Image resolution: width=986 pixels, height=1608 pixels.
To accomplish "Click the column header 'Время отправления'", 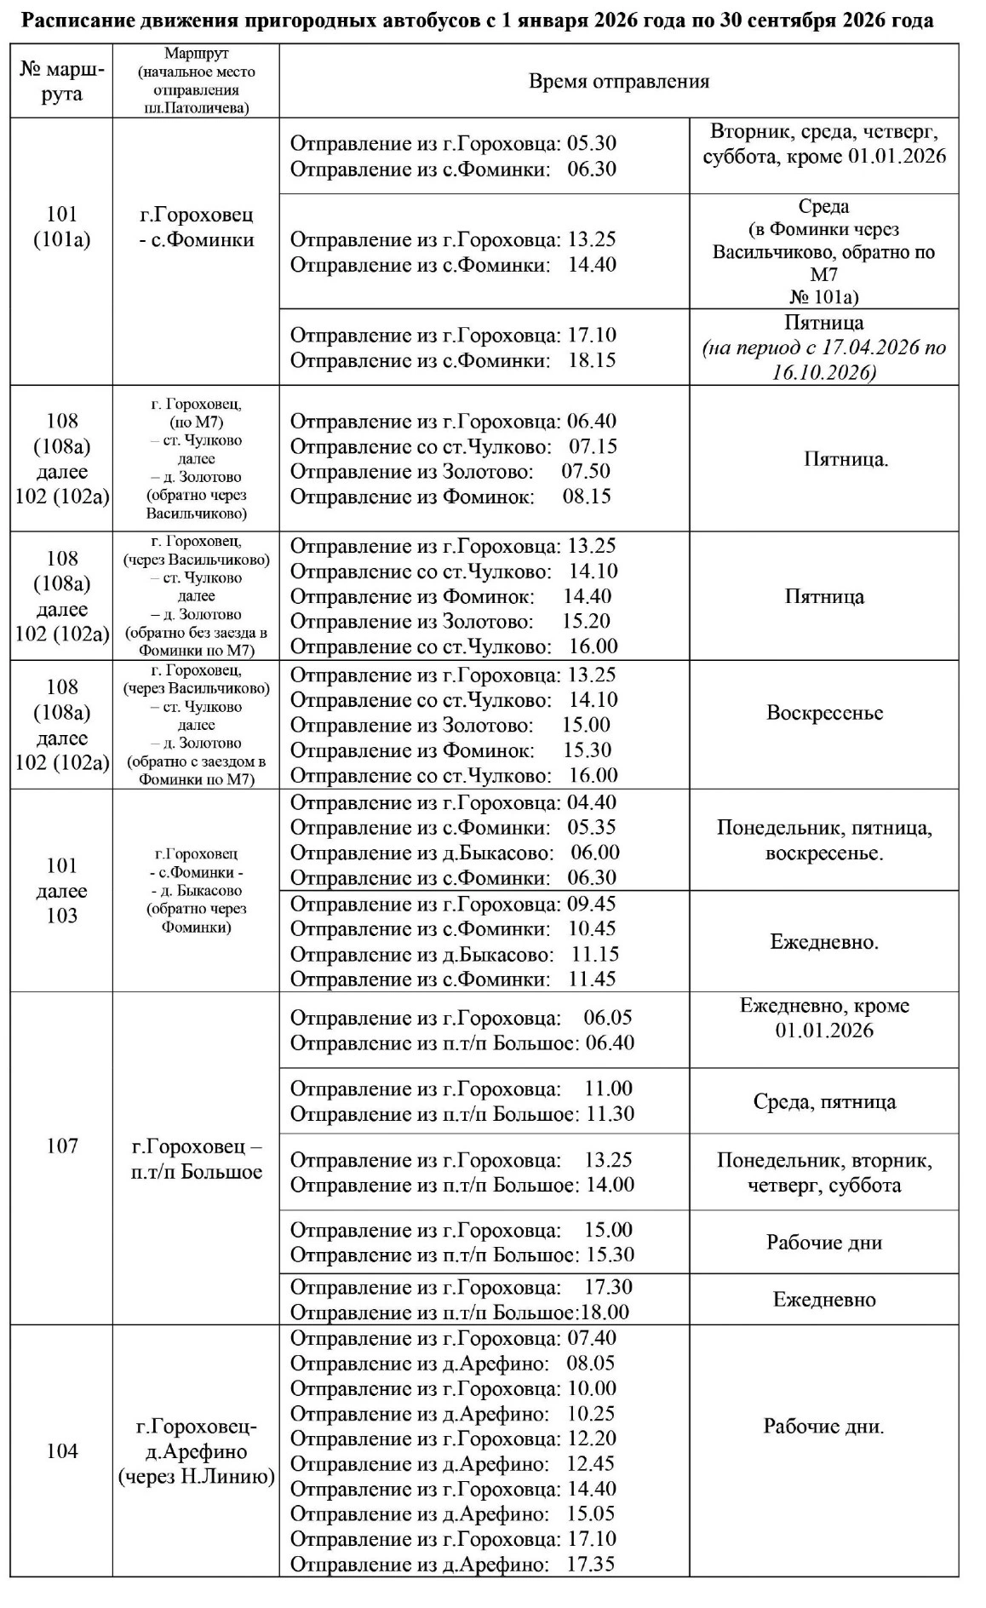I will point(619,82).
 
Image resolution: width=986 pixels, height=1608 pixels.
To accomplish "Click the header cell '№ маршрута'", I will point(61,82).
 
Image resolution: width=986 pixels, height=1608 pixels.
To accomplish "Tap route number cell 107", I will point(61,1146).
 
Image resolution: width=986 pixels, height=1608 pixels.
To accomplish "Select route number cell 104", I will point(61,1451).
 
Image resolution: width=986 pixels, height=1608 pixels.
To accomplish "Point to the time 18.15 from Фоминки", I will point(592,360).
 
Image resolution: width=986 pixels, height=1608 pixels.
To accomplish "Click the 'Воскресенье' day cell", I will point(823,713).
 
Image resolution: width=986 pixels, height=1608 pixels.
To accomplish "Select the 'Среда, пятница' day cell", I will point(823,1102).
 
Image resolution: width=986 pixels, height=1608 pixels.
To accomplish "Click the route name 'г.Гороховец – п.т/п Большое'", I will point(196,1159).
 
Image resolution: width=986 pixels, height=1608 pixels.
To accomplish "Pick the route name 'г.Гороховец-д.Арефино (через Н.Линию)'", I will point(196,1451).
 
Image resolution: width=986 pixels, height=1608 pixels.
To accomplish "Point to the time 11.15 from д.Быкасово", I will point(595,954).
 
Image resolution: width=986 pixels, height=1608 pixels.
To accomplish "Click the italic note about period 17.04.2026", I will point(823,360).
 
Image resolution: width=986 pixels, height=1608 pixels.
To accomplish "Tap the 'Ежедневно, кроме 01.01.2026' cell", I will point(823,1018).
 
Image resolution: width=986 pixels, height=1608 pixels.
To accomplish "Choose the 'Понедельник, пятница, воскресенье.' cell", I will point(823,840).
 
